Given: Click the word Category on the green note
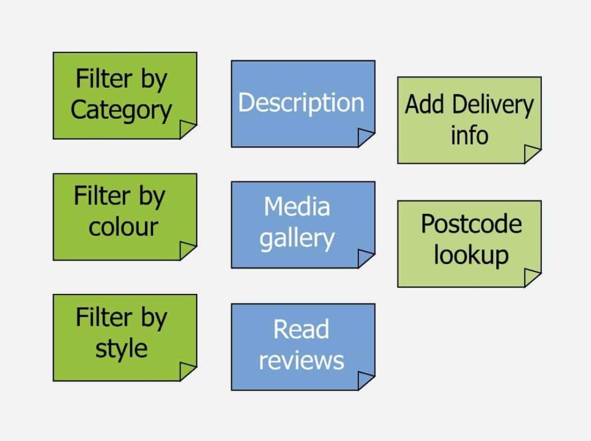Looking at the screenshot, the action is [121, 111].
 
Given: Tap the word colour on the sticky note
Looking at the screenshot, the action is [124, 227].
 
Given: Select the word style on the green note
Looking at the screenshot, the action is [121, 349].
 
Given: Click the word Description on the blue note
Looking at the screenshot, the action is [301, 103].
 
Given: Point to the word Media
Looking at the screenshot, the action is [297, 206].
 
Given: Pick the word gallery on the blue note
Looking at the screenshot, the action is [297, 239].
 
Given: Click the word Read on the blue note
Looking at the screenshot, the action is [301, 329].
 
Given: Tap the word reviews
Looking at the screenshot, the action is [301, 361].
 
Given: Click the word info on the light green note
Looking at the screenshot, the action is [470, 135].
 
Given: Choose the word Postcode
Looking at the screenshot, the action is [472, 224].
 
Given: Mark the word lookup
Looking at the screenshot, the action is [471, 256].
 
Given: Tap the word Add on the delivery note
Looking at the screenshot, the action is [425, 104].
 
